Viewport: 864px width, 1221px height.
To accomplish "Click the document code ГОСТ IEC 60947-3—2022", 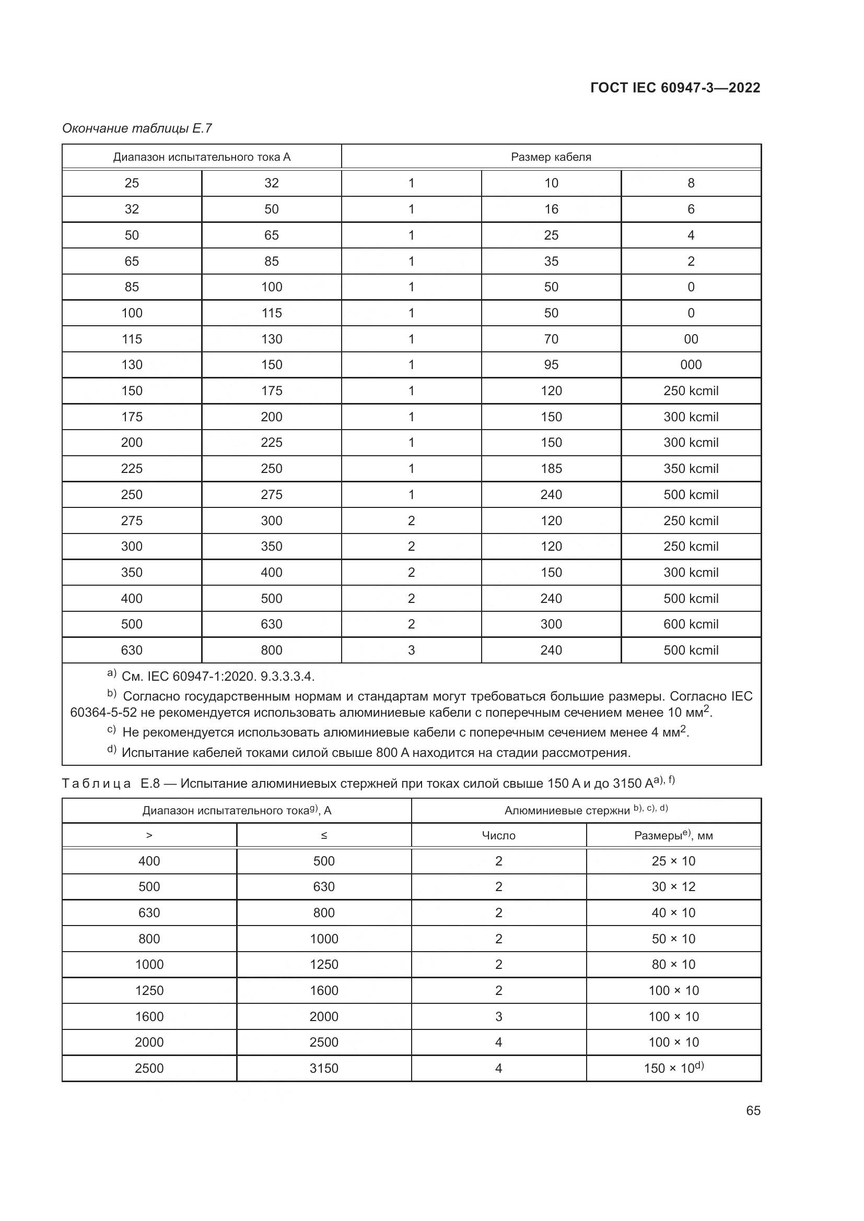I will (x=674, y=88).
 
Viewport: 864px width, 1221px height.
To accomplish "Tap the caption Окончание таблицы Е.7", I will (x=137, y=128).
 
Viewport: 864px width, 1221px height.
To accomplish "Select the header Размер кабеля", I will (x=551, y=157).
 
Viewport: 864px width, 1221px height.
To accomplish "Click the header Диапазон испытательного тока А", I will (x=202, y=157).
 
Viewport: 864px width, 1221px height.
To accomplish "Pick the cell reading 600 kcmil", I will (x=691, y=624).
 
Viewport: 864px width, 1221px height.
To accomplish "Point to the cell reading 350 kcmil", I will (x=691, y=468).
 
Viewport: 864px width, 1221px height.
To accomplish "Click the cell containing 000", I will (x=691, y=365).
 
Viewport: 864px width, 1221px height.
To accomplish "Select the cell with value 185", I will (x=551, y=468).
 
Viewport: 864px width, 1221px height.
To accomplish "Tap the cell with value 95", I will (x=551, y=365).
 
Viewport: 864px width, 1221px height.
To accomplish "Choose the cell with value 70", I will (x=551, y=339).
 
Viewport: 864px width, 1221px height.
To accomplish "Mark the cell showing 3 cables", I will (x=411, y=650).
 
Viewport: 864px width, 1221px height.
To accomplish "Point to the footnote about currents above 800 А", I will (x=375, y=753).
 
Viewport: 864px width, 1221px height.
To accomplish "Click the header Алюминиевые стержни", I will (x=585, y=811).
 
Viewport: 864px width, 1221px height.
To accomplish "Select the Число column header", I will (x=498, y=835).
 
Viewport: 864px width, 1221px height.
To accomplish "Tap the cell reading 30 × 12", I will (x=673, y=886).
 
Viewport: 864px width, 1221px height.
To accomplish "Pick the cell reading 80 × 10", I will (x=673, y=964).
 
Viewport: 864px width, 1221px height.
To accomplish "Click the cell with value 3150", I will (x=323, y=1068).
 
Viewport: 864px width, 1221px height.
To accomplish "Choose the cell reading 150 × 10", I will (x=673, y=1068).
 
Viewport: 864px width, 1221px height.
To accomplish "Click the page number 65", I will (x=753, y=1110).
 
